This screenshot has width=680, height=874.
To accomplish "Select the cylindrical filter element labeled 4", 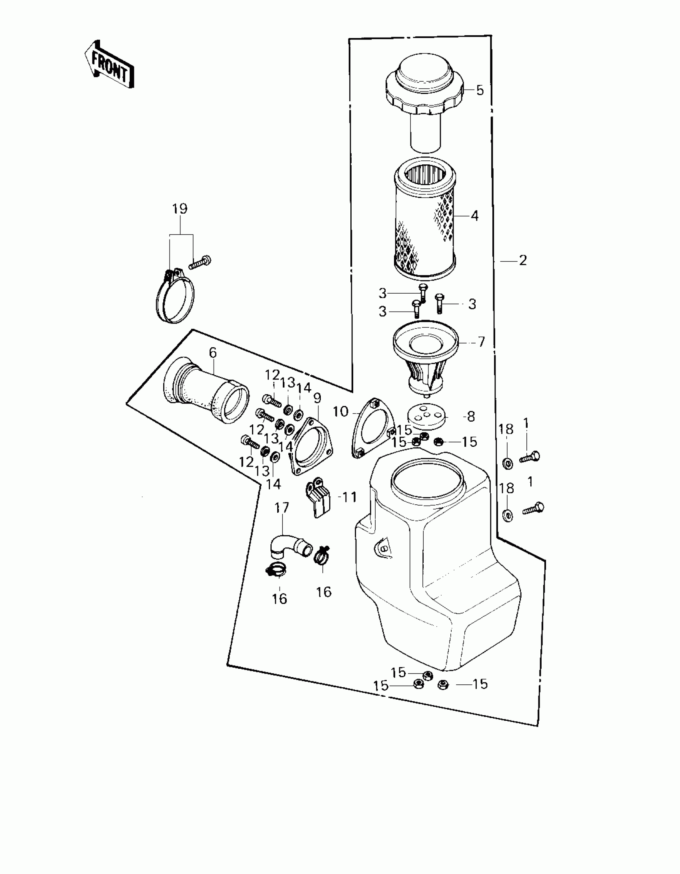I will [x=425, y=224].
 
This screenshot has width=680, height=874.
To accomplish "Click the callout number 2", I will [x=523, y=260].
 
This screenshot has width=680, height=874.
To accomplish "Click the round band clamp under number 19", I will [x=175, y=297].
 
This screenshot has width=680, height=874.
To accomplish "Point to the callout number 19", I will [x=180, y=208].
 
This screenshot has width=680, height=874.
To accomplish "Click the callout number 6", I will [x=212, y=352].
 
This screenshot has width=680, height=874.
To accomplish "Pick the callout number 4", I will [x=474, y=216].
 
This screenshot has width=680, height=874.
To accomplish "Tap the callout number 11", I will [x=350, y=497].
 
